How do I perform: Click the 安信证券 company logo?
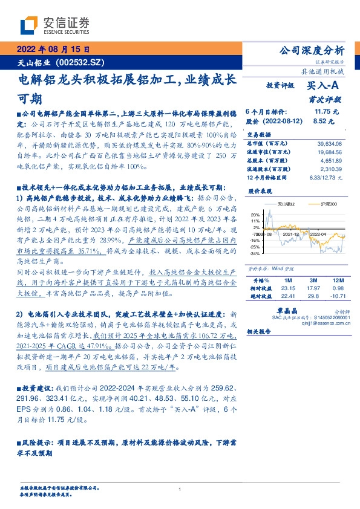pos(55,25)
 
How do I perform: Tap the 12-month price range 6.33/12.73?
pos(326,178)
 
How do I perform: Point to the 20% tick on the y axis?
pos(255,214)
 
